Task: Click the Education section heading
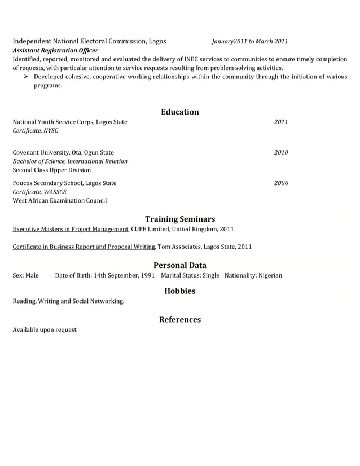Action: (x=179, y=112)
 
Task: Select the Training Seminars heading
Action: (x=179, y=219)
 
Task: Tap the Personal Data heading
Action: (x=179, y=265)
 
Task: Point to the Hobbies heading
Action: (x=179, y=291)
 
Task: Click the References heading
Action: (x=179, y=320)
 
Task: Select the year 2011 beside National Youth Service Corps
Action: (x=280, y=122)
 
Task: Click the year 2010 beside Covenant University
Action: (x=280, y=152)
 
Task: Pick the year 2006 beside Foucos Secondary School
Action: (x=280, y=183)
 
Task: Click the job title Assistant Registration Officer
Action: (x=55, y=50)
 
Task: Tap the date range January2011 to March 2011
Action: (x=250, y=42)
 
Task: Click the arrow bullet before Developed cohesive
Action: (x=26, y=77)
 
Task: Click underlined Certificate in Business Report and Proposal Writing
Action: (x=84, y=247)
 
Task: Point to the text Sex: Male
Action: (x=26, y=276)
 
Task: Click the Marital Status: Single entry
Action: (x=190, y=276)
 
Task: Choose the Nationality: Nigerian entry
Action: (x=253, y=276)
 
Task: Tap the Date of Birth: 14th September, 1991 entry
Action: (x=104, y=276)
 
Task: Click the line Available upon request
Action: (x=45, y=330)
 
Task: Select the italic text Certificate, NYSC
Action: (x=35, y=131)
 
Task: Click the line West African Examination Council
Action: (x=59, y=201)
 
